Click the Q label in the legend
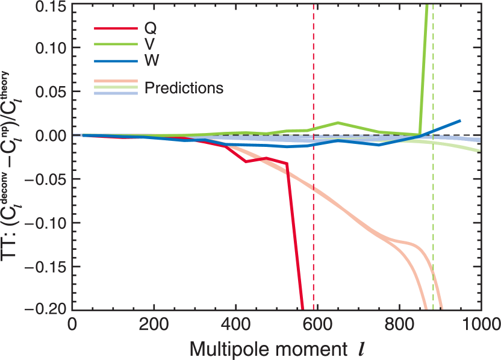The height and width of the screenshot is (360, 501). point(151,28)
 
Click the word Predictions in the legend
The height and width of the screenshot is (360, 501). point(184,88)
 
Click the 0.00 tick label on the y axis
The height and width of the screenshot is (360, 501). point(48,135)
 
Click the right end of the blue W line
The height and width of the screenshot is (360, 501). point(460,121)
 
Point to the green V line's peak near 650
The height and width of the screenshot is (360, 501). point(338,122)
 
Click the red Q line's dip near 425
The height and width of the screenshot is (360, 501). point(246,161)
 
